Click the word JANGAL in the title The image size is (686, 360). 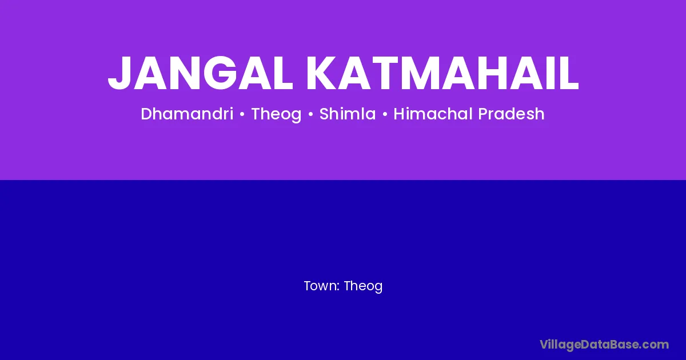point(201,73)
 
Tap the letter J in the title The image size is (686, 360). point(119,74)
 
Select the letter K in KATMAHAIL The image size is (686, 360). point(322,73)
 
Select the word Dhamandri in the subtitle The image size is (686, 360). point(187,114)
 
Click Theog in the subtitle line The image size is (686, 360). point(276,114)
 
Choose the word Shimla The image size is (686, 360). point(348,114)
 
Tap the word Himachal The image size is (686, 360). point(433,114)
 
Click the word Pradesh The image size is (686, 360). point(511,114)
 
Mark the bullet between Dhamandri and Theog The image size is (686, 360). point(242,114)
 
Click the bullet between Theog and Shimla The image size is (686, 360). point(310,114)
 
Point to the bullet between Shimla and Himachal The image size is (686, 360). point(385,114)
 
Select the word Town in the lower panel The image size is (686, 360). point(321,286)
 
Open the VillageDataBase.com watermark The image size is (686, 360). point(604,345)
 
